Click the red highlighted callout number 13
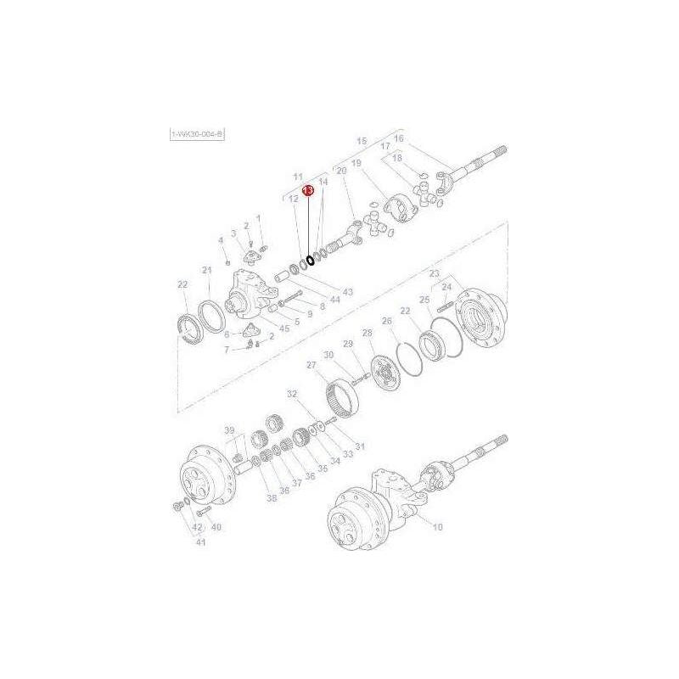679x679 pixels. pos(309,192)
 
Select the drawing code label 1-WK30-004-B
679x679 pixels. pos(197,134)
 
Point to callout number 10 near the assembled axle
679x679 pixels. pos(438,527)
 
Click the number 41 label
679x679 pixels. pos(200,542)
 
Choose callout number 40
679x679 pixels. pos(216,527)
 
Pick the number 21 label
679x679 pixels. pos(206,271)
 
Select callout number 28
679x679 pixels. pos(368,333)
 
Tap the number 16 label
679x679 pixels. pos(399,138)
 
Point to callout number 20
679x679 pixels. pos(342,171)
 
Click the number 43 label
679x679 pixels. pos(347,292)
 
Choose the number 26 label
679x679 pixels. pos(387,322)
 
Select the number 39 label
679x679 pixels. pos(228,431)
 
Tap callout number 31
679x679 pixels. pos(359,446)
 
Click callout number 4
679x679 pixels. pos(221,240)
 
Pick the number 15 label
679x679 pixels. pos(362,140)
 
